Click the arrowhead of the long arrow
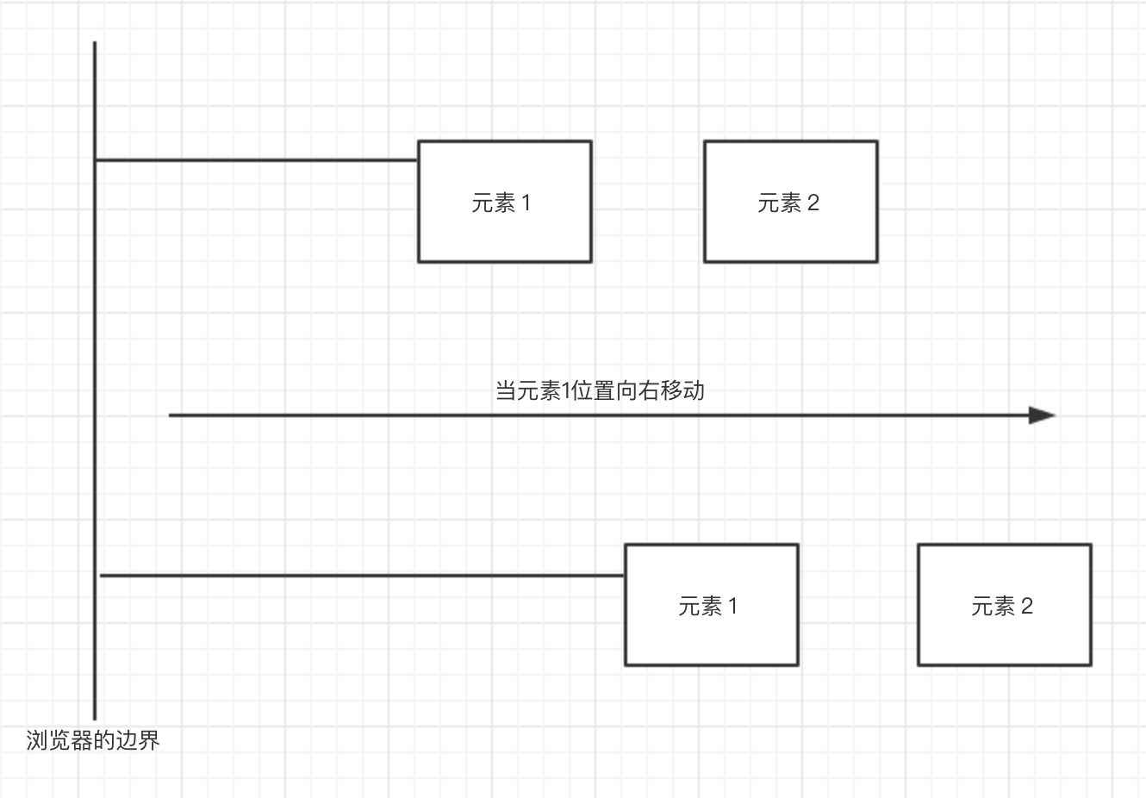pos(1042,415)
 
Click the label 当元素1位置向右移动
pos(600,390)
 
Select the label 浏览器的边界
pos(93,740)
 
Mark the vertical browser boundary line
pos(95,345)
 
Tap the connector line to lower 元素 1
pos(362,575)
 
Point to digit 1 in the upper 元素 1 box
pos(526,203)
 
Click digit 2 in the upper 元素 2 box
pos(813,203)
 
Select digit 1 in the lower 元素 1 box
pos(733,607)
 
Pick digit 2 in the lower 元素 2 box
pos(1026,607)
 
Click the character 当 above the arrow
pos(506,390)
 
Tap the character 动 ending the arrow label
pos(694,390)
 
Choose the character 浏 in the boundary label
pos(37,740)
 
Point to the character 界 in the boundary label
pos(149,740)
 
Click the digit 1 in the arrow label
pos(566,391)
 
